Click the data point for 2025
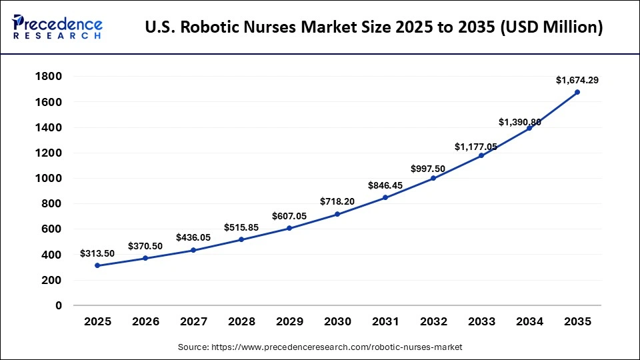click(x=97, y=265)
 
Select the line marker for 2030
click(x=337, y=214)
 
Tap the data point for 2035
click(x=577, y=92)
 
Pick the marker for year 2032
click(x=433, y=178)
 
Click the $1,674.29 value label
click(x=577, y=80)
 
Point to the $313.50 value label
click(x=97, y=253)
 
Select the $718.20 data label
click(x=337, y=201)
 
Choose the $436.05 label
click(x=193, y=237)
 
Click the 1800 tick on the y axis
click(x=49, y=77)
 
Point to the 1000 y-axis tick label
click(x=49, y=179)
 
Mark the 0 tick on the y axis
click(x=59, y=306)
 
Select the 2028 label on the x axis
click(x=241, y=321)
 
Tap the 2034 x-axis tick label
click(x=529, y=321)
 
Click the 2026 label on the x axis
click(x=145, y=321)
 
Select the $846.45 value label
click(x=385, y=185)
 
